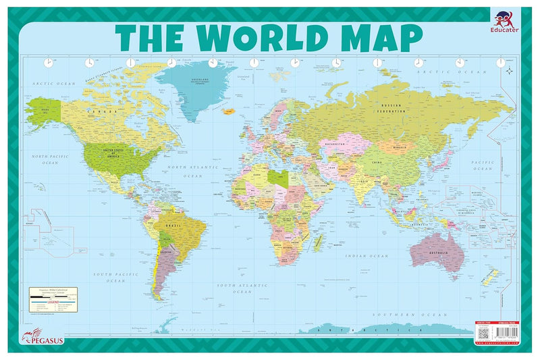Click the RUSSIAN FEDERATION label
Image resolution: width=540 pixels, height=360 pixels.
pos(396,107)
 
